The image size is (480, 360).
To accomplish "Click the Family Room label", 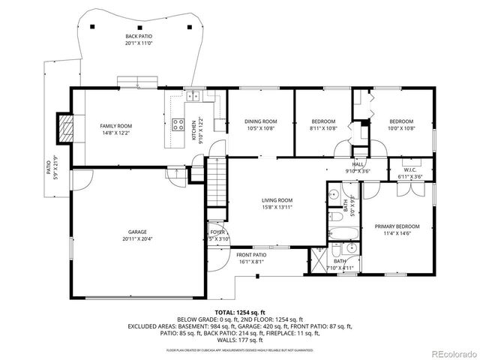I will coord(115,129).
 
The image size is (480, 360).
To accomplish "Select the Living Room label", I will coord(277,203).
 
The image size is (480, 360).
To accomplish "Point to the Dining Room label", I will coord(260,124).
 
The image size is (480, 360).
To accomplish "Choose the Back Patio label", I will coord(138,39).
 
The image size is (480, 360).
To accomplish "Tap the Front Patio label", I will coord(252,257).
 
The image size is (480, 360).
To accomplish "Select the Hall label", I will coord(358,167).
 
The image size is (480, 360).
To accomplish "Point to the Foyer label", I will coord(217,235).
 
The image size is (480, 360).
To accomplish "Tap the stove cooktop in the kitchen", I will coord(178,125).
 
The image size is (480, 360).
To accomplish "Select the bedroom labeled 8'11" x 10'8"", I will coord(323,124).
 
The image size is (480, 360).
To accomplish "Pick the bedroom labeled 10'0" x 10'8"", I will coord(400,124).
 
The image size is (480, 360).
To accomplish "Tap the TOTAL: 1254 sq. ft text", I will coord(240,311).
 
